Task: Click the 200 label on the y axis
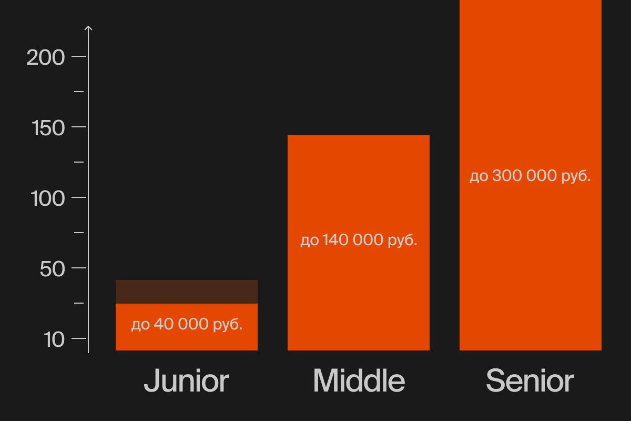(x=45, y=57)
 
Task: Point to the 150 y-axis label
(x=48, y=128)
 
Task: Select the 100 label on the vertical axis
(x=48, y=198)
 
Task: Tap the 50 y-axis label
(x=53, y=269)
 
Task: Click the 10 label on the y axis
(x=54, y=339)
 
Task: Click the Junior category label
(x=187, y=380)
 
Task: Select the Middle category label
(x=359, y=380)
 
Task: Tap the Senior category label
(x=530, y=380)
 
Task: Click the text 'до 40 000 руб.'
(x=187, y=324)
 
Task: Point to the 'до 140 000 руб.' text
(x=359, y=240)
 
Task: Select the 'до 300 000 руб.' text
(x=530, y=176)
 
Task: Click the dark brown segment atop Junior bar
(x=187, y=292)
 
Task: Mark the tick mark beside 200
(x=79, y=56)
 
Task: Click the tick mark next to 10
(x=79, y=338)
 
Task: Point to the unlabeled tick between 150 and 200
(x=79, y=92)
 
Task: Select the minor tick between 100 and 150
(x=79, y=162)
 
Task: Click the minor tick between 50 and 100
(x=79, y=233)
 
